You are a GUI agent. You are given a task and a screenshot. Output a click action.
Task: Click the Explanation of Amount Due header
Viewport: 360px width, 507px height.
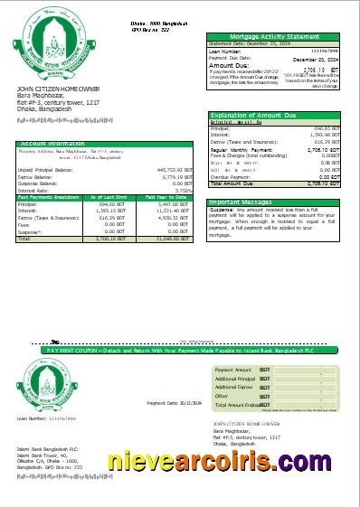point(243,116)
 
